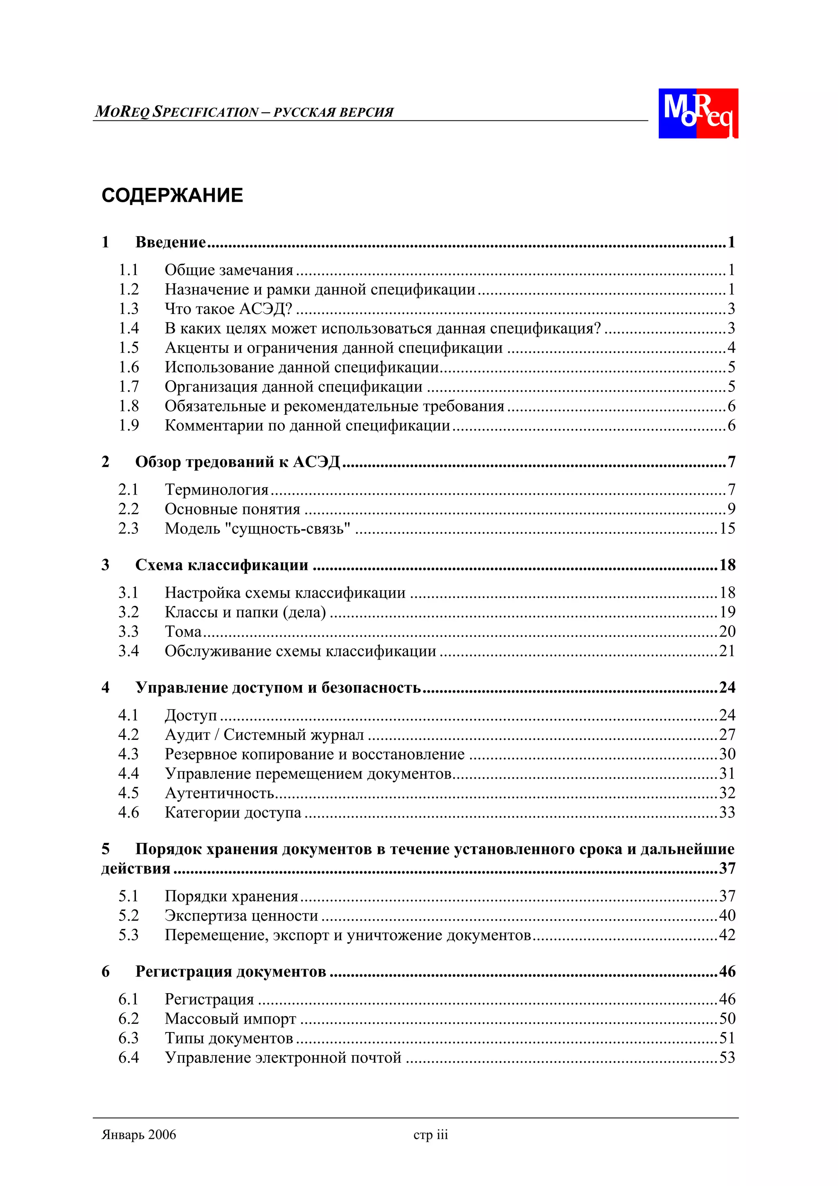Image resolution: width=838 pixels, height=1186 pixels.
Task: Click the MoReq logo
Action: (698, 113)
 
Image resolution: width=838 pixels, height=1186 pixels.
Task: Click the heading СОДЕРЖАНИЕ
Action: (172, 196)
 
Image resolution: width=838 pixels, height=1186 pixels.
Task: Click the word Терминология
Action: (216, 489)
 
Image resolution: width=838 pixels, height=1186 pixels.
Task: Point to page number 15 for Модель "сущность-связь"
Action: (727, 529)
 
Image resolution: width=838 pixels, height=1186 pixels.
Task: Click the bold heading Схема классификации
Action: (221, 565)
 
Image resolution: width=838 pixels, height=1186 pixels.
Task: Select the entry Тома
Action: (183, 631)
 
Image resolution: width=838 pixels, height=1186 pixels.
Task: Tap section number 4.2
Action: (128, 734)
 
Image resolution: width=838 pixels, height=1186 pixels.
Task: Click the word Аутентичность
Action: (219, 793)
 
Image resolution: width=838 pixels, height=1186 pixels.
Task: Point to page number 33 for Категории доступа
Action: (727, 813)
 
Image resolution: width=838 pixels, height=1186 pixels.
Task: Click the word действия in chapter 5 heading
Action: (136, 868)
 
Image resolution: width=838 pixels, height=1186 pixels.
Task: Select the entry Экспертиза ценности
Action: (241, 916)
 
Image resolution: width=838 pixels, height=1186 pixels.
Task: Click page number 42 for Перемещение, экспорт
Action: (727, 935)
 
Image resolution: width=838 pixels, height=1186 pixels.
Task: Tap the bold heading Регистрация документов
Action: (230, 971)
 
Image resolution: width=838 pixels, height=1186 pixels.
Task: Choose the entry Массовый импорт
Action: (230, 1019)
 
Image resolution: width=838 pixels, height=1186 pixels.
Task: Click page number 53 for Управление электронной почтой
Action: (727, 1057)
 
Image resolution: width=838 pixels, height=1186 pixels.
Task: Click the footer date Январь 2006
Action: (139, 1135)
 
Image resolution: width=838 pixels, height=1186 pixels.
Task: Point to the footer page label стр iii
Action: (430, 1135)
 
